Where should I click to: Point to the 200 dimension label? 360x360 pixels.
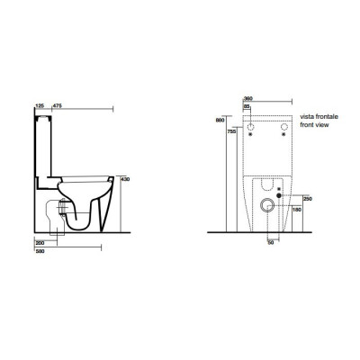(39, 244)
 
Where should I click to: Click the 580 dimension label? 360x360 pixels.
(39, 252)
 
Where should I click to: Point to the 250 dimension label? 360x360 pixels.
(310, 198)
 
